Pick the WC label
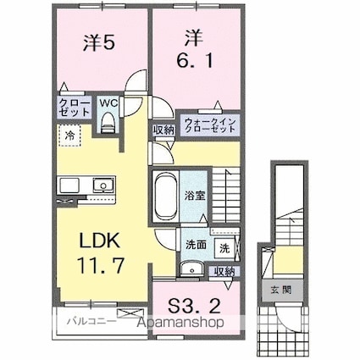(108, 104)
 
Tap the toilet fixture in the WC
(107, 123)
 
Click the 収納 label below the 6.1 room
(163, 130)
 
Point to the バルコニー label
(85, 324)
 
